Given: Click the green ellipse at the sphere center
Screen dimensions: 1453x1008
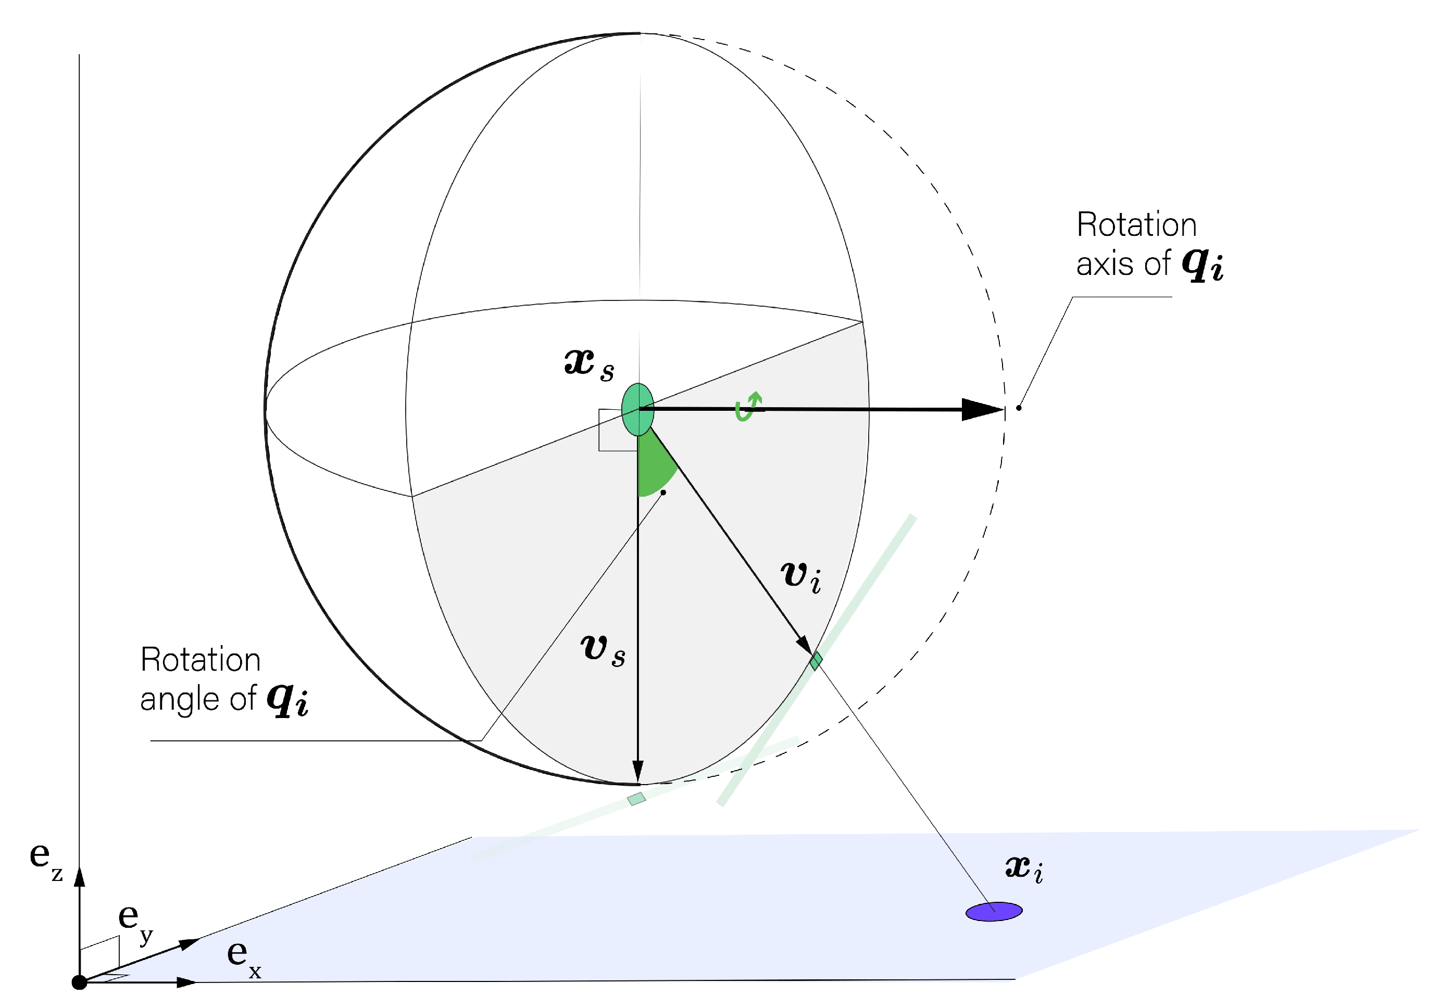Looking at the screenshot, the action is tap(637, 409).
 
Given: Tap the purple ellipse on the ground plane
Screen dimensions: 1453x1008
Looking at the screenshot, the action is tap(993, 911).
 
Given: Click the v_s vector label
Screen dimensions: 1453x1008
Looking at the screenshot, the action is tap(602, 650).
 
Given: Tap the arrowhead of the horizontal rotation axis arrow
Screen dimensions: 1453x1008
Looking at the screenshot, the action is tap(982, 409).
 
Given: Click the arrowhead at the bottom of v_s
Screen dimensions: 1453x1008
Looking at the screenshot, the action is tap(637, 771).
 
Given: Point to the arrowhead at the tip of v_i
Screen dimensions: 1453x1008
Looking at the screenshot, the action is tap(804, 645).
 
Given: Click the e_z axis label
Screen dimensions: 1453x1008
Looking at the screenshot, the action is tap(45, 860).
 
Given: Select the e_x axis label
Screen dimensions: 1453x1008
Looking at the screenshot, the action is tap(244, 957).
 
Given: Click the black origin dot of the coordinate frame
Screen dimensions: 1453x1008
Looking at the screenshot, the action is tap(79, 982).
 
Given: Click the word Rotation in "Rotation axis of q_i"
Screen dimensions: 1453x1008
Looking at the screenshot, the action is tap(1136, 225).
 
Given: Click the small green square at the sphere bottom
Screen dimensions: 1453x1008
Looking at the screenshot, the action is tap(636, 799).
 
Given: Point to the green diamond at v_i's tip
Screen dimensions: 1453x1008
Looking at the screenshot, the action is tap(816, 661).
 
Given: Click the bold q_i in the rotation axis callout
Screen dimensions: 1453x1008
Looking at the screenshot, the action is tap(1202, 264).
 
